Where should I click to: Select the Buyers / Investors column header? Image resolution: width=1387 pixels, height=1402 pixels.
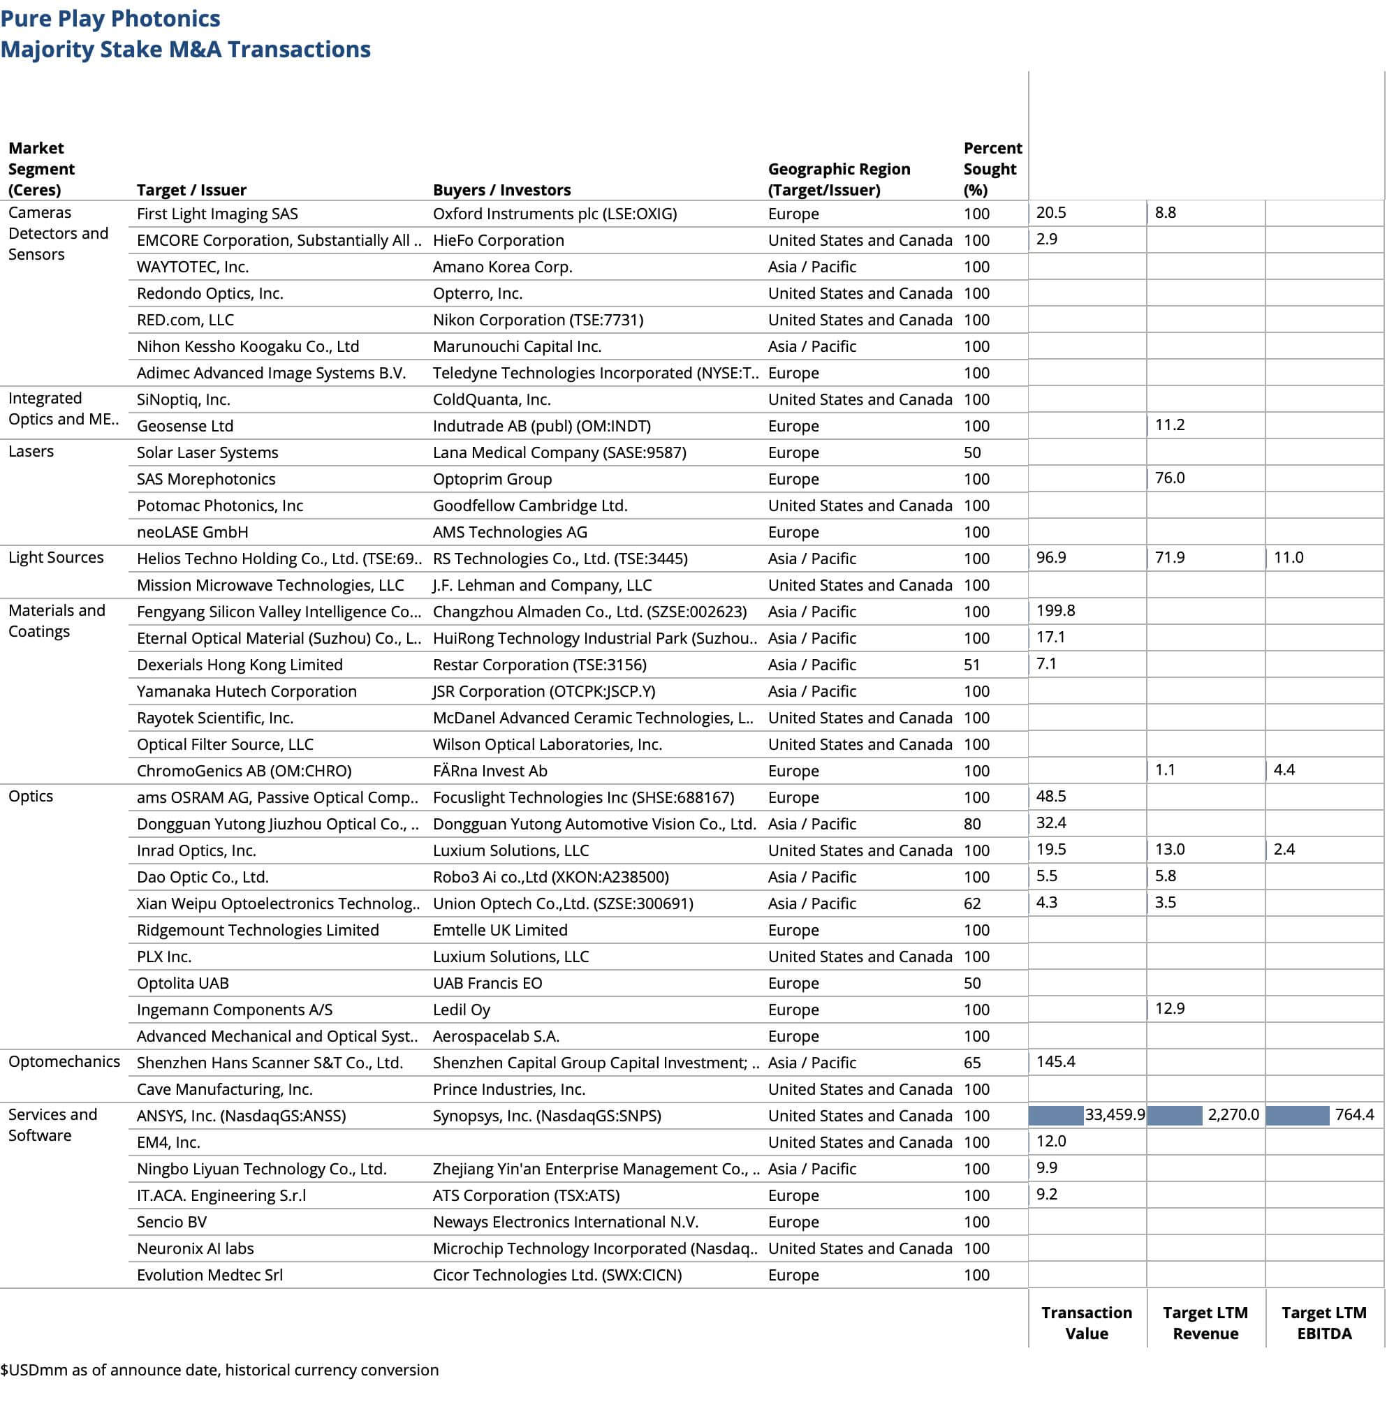point(501,190)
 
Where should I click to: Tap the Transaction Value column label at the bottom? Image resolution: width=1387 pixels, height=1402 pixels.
point(1087,1323)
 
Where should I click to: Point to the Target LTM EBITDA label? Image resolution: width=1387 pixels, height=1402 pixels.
point(1324,1323)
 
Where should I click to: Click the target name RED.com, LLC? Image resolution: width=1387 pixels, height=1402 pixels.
point(185,320)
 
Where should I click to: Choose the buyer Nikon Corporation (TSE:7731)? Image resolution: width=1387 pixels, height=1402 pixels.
point(538,320)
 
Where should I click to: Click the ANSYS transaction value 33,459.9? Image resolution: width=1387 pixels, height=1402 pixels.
point(1115,1114)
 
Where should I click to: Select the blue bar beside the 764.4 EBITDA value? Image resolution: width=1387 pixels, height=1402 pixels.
point(1297,1115)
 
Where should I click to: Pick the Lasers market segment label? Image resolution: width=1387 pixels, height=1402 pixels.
point(31,451)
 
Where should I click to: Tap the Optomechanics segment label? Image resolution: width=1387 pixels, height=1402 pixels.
point(64,1062)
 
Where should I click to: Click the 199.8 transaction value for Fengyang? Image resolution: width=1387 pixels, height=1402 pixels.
point(1055,611)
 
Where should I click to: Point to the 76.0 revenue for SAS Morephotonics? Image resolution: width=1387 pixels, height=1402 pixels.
point(1170,478)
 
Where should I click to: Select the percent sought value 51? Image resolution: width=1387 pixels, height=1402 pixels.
point(972,665)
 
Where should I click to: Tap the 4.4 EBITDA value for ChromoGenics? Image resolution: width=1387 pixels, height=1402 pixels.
point(1284,770)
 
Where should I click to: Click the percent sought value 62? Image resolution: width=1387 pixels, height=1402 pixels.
point(972,903)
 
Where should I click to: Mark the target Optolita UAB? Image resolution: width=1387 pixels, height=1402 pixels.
point(183,983)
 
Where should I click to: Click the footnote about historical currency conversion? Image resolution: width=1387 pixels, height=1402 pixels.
point(219,1370)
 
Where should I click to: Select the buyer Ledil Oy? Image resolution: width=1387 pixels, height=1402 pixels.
point(462,1010)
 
